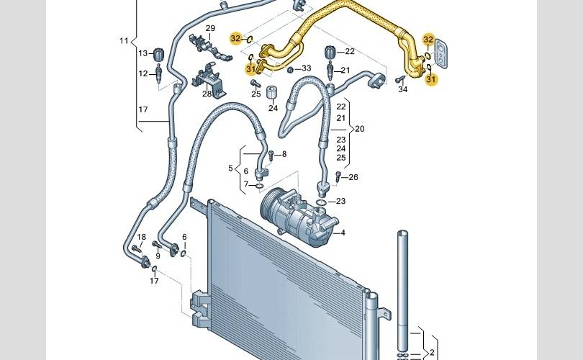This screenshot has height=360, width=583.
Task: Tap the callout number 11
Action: [124, 40]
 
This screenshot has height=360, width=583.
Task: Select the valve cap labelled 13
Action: [159, 54]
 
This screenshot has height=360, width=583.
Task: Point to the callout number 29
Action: [210, 28]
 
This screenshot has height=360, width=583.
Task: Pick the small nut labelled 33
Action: [290, 70]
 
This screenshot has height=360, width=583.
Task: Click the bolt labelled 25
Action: [255, 83]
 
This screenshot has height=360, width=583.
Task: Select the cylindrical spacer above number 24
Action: [273, 92]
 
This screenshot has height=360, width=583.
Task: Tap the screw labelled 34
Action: [400, 79]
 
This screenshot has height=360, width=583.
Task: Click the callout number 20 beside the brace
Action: [360, 129]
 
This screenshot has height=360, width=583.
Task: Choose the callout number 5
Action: [230, 168]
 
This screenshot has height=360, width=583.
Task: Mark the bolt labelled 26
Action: [338, 176]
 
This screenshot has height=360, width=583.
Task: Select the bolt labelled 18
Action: [137, 248]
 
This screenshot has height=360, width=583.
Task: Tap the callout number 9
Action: [158, 256]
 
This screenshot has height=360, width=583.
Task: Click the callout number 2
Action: [432, 352]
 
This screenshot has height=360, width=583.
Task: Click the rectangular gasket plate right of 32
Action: [442, 53]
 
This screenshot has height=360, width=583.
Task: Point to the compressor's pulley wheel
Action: [268, 206]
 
